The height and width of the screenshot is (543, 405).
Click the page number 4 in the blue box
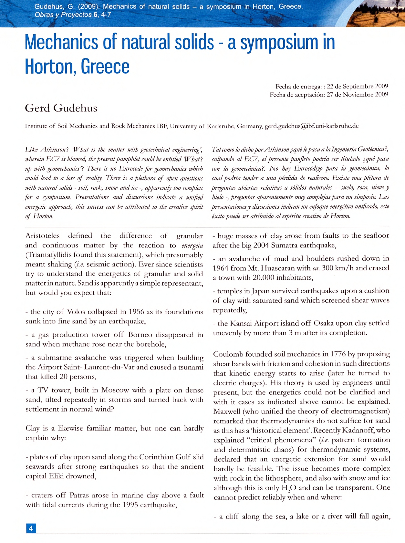tap(31, 528)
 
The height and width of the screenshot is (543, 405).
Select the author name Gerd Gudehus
tap(61, 108)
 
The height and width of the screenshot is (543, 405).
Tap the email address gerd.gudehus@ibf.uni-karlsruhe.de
tap(312, 126)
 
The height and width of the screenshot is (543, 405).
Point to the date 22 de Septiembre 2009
tap(357, 86)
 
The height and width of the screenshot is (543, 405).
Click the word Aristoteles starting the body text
tap(43, 236)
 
